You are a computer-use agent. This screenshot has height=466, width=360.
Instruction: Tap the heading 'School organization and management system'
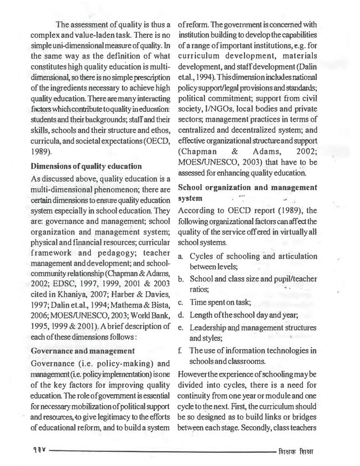[248, 193]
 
